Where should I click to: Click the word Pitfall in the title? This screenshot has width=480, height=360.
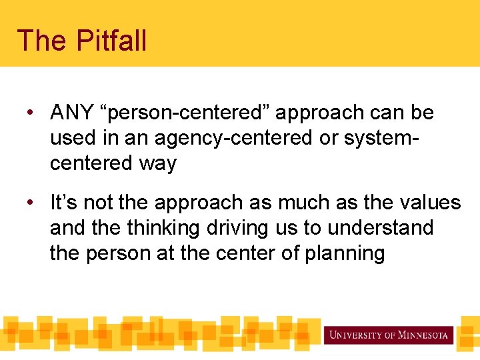tap(111, 41)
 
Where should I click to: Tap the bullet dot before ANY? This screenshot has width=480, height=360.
tap(30, 113)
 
